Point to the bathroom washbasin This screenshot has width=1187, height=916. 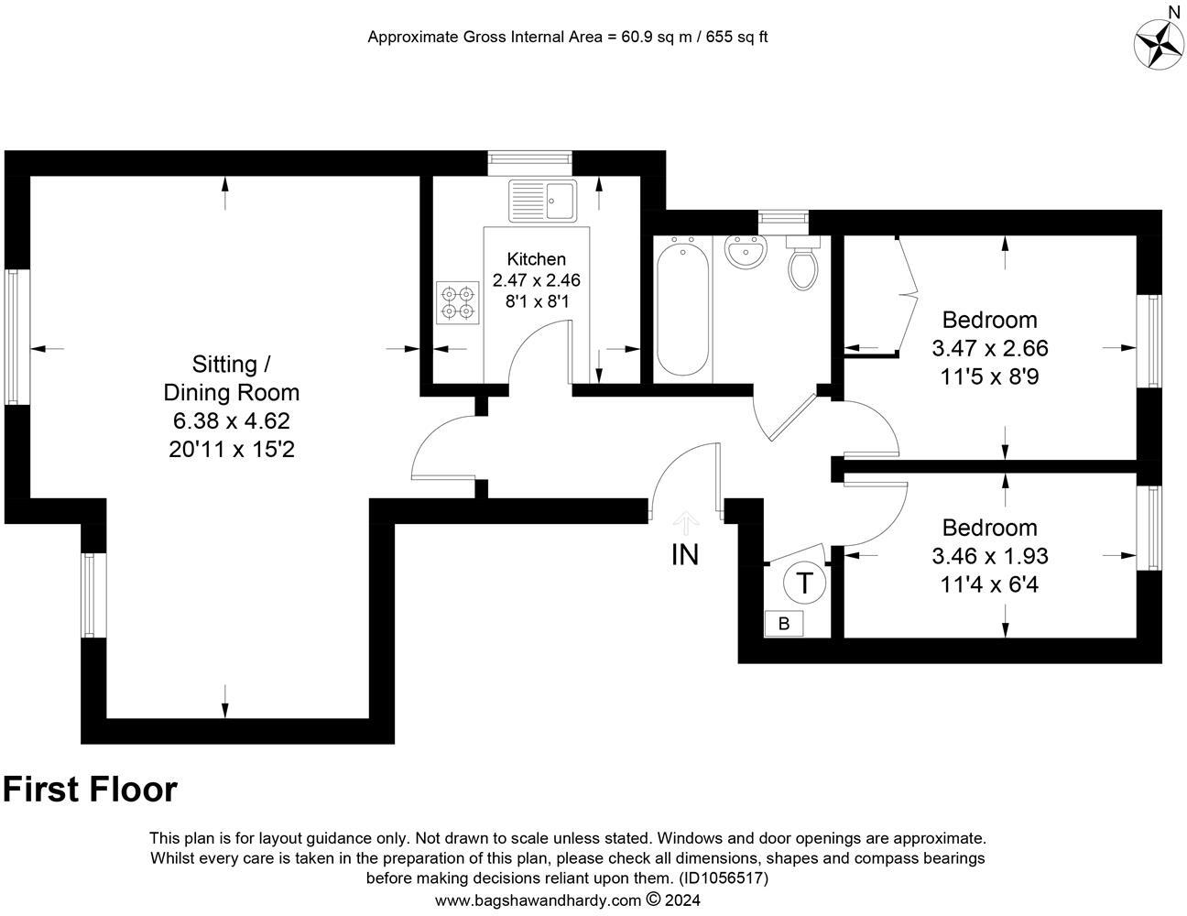tap(745, 252)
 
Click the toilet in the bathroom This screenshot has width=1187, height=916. tap(803, 263)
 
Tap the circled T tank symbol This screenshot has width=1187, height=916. tap(804, 583)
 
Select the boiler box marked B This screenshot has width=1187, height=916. tap(783, 624)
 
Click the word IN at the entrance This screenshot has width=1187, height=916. tap(685, 555)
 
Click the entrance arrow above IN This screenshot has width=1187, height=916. tap(686, 522)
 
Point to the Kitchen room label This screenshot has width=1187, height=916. tap(536, 259)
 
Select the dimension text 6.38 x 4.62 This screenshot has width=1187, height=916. tap(231, 421)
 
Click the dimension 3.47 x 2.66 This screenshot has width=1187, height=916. tap(989, 348)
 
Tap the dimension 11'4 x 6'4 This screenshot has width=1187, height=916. tap(989, 583)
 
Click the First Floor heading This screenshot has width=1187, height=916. tap(90, 790)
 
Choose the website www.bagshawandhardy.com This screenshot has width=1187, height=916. tap(538, 900)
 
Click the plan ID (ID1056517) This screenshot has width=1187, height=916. tap(723, 878)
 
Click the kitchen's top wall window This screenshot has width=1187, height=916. tap(529, 162)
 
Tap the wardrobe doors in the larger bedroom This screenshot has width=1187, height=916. tap(907, 293)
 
